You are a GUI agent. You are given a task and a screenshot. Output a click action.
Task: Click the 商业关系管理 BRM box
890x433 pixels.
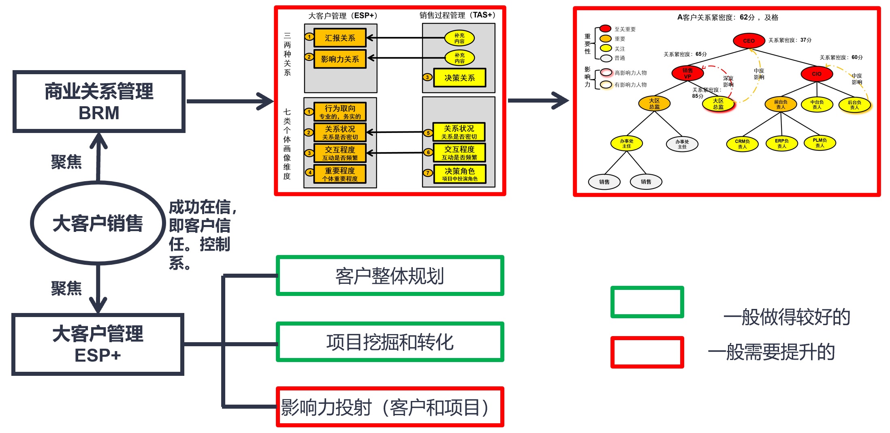click(x=99, y=102)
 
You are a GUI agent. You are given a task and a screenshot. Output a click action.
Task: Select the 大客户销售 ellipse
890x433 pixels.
click(x=98, y=223)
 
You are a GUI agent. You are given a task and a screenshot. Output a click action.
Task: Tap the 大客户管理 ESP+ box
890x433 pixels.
click(x=98, y=344)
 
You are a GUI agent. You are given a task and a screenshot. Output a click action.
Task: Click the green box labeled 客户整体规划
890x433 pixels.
click(x=390, y=276)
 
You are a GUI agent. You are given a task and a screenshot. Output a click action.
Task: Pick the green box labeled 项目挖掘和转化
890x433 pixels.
click(x=390, y=342)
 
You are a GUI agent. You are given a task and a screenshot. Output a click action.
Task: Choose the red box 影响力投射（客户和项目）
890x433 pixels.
click(x=390, y=407)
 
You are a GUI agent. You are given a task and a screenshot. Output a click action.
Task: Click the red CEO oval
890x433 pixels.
click(x=748, y=41)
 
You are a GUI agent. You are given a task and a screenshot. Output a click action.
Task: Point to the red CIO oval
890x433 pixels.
click(x=816, y=74)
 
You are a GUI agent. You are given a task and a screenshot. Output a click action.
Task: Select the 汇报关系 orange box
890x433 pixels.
click(x=340, y=38)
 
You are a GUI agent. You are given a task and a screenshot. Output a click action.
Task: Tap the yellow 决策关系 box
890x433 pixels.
click(x=459, y=77)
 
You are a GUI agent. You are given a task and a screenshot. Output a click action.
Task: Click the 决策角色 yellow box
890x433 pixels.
click(x=459, y=174)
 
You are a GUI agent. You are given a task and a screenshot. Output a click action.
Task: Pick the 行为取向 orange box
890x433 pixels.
click(x=340, y=111)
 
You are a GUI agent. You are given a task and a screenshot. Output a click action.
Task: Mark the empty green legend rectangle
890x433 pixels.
click(x=647, y=302)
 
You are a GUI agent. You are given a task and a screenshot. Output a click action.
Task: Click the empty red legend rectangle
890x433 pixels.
click(x=647, y=352)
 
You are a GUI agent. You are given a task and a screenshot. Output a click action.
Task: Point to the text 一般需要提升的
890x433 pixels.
click(x=771, y=352)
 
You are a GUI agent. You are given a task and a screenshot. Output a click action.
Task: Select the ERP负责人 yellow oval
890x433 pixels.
click(x=781, y=143)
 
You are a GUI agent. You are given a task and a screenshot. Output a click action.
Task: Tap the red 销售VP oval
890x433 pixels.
click(x=687, y=73)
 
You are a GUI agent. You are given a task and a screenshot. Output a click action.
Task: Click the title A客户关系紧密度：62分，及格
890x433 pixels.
click(x=728, y=17)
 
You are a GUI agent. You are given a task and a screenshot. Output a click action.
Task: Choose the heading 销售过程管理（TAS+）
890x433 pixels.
click(x=457, y=15)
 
